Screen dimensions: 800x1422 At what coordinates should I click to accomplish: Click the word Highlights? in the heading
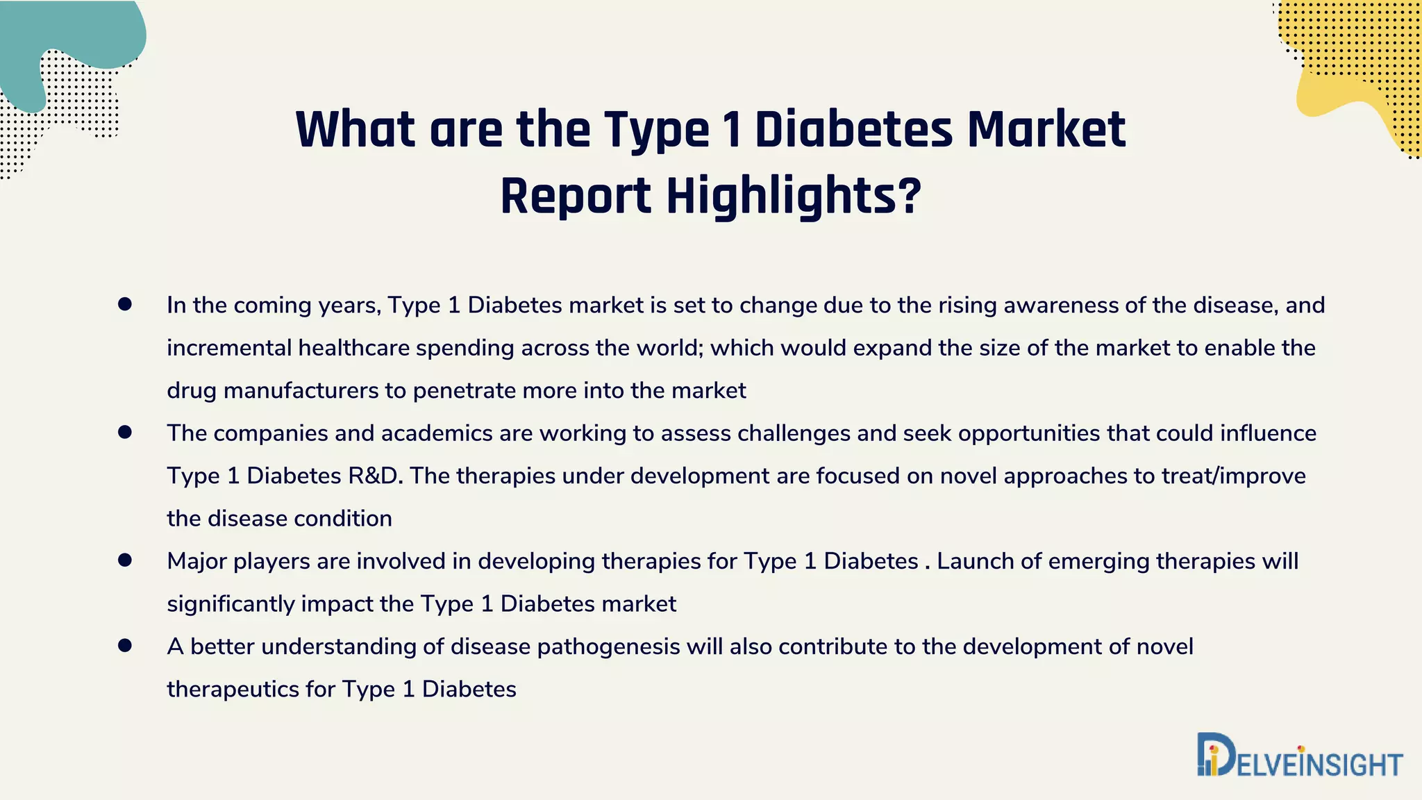pyautogui.click(x=794, y=197)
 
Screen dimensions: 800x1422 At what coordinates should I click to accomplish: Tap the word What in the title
pyautogui.click(x=355, y=130)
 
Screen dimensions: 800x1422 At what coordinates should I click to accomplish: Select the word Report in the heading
pyautogui.click(x=575, y=197)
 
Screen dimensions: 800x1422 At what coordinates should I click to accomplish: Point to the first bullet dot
pyautogui.click(x=125, y=304)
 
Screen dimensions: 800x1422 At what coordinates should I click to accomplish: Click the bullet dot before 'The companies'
pyautogui.click(x=125, y=432)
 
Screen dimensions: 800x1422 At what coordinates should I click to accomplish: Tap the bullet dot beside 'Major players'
pyautogui.click(x=125, y=560)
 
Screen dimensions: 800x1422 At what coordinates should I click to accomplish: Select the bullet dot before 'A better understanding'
pyautogui.click(x=125, y=646)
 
